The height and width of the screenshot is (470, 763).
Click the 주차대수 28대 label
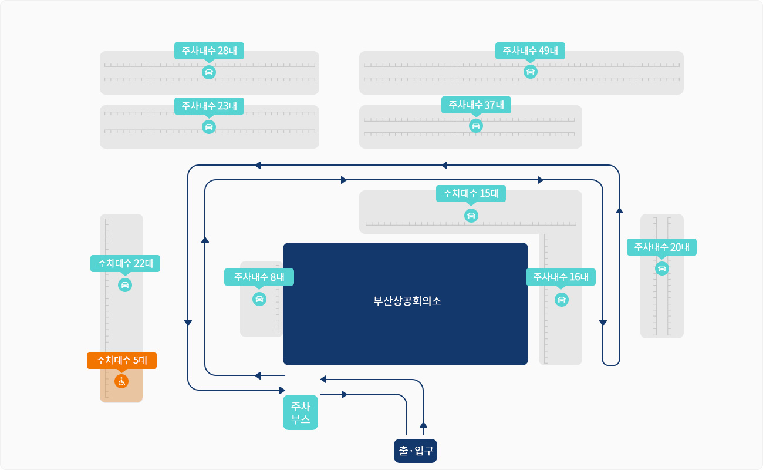(209, 51)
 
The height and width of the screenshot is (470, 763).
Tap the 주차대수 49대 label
(530, 51)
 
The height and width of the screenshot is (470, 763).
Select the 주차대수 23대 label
(209, 106)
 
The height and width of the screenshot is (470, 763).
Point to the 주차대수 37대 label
(476, 105)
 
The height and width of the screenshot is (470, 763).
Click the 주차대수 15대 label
(471, 193)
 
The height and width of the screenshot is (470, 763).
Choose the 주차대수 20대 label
(661, 247)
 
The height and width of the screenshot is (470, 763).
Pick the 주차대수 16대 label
(561, 277)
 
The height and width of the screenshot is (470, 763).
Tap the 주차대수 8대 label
(259, 277)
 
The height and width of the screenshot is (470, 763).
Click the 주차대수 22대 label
(125, 263)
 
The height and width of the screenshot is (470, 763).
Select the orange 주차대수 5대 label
(121, 360)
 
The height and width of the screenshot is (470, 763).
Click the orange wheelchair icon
(121, 381)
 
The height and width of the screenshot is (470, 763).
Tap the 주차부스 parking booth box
(301, 412)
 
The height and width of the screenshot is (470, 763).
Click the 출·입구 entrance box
(416, 451)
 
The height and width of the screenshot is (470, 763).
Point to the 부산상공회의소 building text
(407, 301)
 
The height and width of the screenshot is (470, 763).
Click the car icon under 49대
(531, 72)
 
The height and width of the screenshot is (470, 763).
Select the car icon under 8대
(259, 299)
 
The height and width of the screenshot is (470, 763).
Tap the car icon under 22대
(125, 285)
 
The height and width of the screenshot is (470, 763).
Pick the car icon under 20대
(662, 268)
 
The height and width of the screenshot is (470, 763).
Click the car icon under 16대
(562, 300)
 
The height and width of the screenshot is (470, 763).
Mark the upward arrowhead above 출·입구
(423, 424)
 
